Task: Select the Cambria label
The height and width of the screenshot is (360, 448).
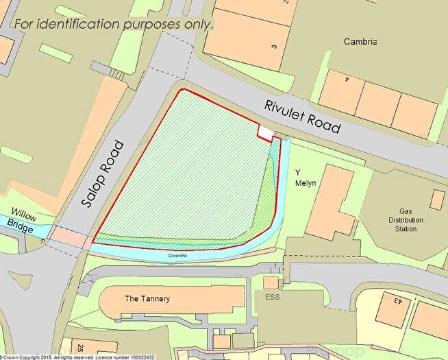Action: tap(362, 42)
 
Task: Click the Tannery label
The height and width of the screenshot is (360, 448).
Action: tap(147, 299)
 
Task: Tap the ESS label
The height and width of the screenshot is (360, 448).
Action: tap(273, 298)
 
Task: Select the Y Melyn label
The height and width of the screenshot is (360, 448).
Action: tap(300, 176)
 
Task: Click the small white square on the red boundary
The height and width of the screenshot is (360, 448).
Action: tap(265, 132)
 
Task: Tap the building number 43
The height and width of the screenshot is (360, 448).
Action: tap(395, 300)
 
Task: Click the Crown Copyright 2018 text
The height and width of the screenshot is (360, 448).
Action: tap(27, 357)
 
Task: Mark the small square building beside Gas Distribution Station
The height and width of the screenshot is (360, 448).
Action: tap(437, 200)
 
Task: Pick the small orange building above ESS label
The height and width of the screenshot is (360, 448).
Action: tap(271, 283)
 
